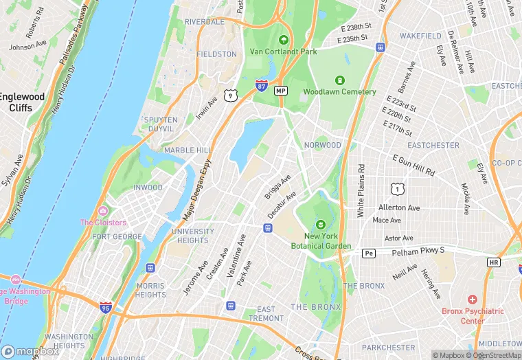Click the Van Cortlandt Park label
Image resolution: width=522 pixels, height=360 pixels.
283,51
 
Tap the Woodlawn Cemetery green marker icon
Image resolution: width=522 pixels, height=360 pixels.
339,81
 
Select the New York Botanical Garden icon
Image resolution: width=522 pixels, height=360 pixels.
320,224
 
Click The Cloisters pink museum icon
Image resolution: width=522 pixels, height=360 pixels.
103,211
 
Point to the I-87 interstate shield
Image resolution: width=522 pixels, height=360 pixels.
261,85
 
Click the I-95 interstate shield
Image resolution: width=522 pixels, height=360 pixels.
105,307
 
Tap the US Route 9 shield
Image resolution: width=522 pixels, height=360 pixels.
231,96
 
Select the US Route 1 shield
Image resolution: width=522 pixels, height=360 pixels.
396,188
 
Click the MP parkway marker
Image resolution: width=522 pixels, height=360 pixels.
280,91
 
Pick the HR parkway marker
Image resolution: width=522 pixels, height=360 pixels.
493,262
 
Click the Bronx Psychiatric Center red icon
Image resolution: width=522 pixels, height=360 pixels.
472,300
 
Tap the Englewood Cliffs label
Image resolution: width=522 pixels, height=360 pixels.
22,102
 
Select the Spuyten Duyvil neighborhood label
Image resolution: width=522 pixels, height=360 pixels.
160,124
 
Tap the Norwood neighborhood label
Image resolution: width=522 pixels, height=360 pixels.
322,145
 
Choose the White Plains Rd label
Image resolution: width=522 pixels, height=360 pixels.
360,191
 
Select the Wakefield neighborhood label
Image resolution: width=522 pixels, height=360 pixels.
420,35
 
